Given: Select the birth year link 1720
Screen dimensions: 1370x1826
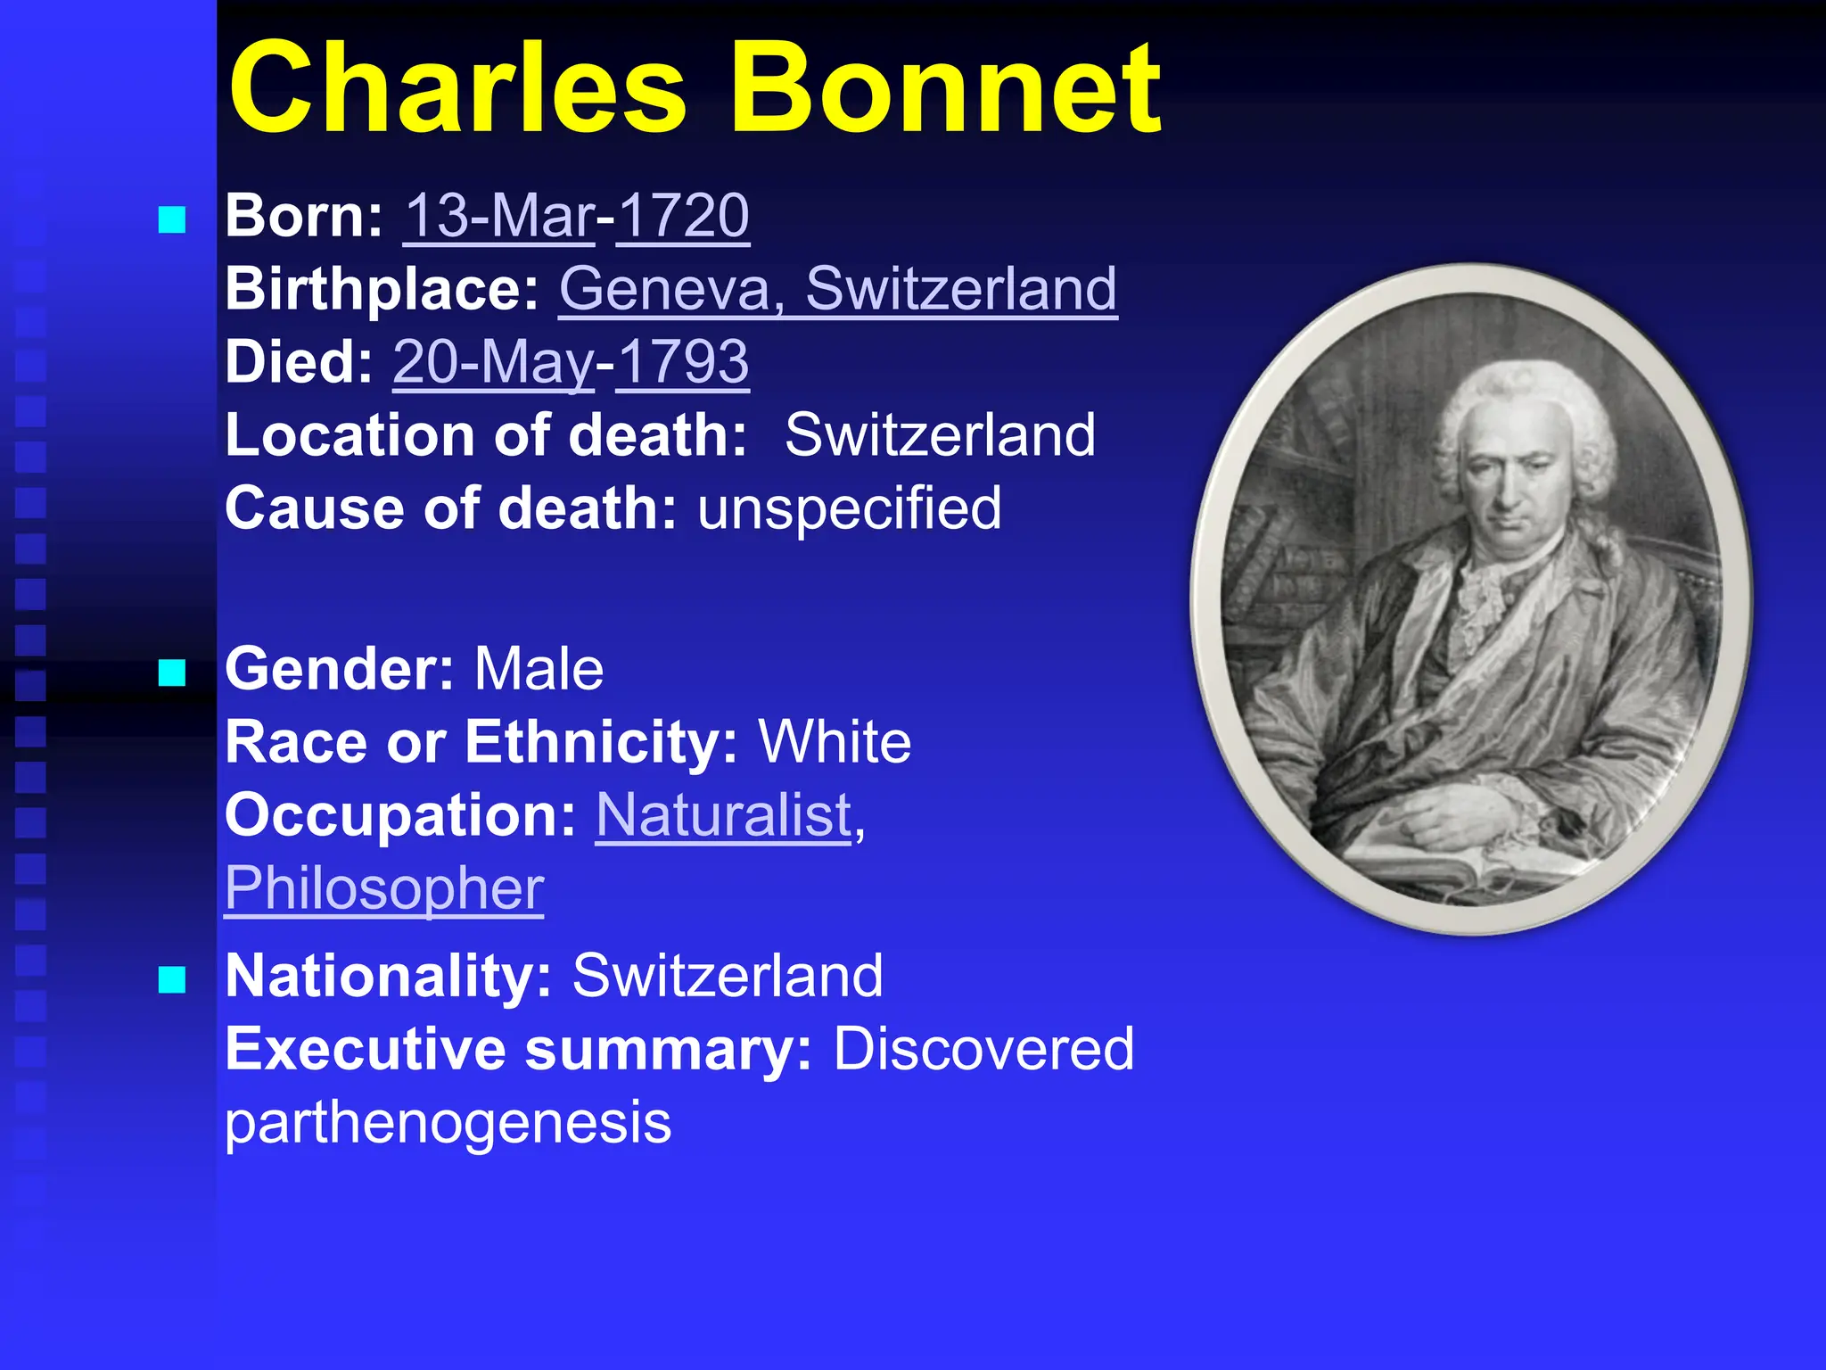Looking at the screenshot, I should click(683, 216).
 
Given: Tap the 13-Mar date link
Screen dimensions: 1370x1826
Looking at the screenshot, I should click(499, 216).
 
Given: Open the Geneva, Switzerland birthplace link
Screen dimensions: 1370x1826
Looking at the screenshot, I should click(838, 289).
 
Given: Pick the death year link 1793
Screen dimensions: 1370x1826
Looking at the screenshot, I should click(683, 362).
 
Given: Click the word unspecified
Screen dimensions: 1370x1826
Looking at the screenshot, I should click(850, 508).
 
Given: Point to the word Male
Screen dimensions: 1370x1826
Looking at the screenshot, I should click(539, 669).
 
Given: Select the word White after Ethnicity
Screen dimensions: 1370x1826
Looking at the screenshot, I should click(835, 742).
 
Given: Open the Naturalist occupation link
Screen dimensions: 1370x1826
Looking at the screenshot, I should click(724, 815).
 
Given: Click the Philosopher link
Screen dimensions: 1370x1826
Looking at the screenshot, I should click(384, 888).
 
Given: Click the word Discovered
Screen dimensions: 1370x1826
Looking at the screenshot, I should click(983, 1049).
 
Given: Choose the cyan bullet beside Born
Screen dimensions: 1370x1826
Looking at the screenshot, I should click(172, 219).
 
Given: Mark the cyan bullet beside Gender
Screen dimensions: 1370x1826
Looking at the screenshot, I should click(172, 673).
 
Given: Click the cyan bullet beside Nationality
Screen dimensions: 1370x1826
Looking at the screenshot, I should click(172, 979).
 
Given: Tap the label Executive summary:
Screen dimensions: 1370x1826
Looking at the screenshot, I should click(518, 1049).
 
